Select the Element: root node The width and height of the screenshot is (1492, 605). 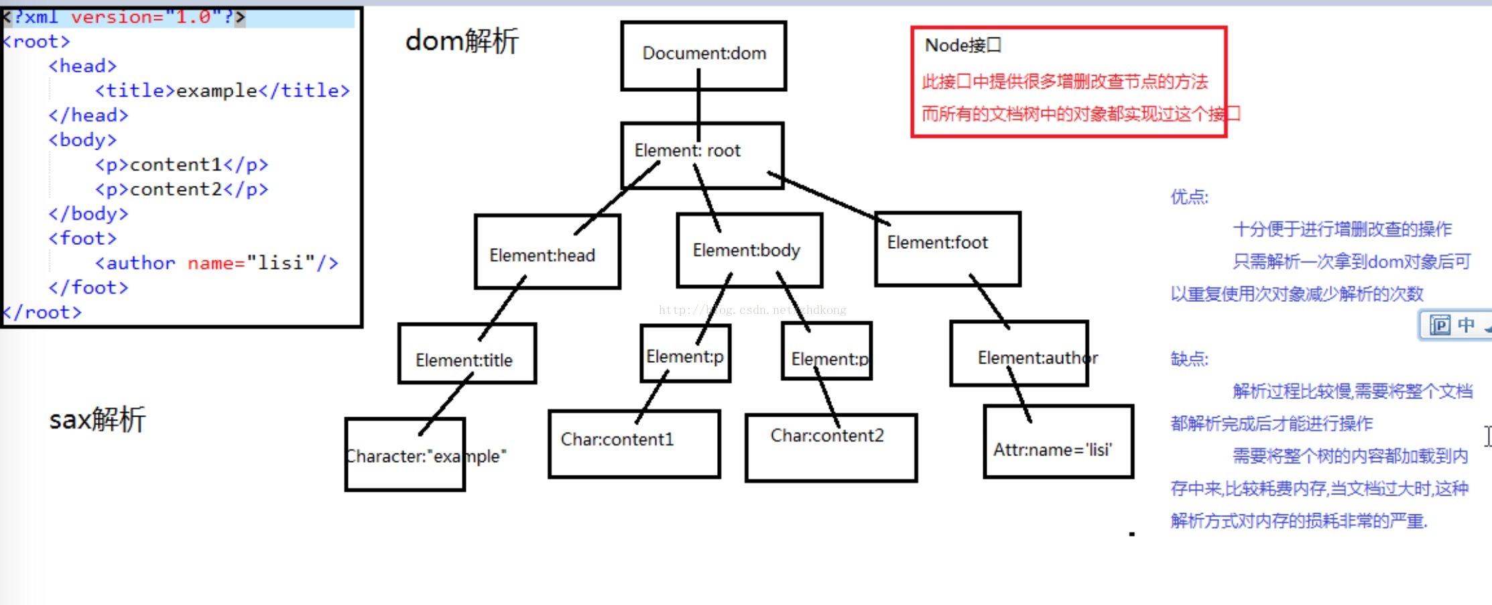coord(687,151)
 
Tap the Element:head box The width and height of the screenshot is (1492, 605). coord(542,256)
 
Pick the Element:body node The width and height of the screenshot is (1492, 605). coord(747,251)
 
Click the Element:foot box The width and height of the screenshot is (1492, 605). coord(937,243)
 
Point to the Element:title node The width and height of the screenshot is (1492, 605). coord(464,360)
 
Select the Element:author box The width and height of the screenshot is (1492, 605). coord(1036,358)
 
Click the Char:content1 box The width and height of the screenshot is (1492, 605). coord(617,439)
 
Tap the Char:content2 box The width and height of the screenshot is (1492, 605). coord(827,436)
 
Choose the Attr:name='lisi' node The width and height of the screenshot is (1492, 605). coord(1052,449)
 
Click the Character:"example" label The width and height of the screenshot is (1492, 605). coord(426,457)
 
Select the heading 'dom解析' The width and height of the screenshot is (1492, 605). coord(461,42)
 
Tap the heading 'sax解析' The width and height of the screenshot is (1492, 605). coord(97,420)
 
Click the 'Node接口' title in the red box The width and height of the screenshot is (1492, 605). coord(962,46)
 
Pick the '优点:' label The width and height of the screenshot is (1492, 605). coord(1189,197)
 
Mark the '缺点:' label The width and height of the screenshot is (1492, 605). coord(1189,359)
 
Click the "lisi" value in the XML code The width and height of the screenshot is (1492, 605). coord(281,263)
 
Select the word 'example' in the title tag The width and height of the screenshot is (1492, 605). coord(216,91)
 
